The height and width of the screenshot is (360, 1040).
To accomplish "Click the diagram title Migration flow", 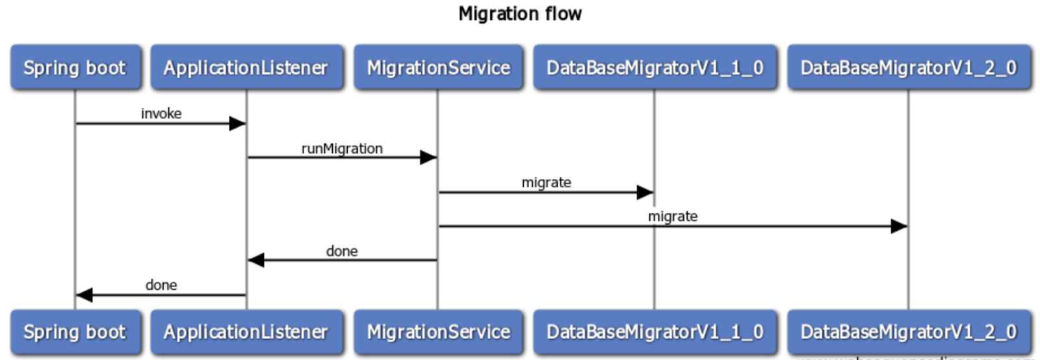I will pyautogui.click(x=520, y=14).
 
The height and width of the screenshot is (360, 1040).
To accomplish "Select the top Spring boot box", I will pyautogui.click(x=75, y=67).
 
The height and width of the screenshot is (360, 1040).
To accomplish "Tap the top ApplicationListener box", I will pyautogui.click(x=246, y=67).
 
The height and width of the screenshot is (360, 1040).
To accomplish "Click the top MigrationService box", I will pyautogui.click(x=438, y=67).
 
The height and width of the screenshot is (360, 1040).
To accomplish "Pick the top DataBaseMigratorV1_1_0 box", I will pyautogui.click(x=655, y=67).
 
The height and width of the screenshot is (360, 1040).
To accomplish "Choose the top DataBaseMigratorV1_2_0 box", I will pyautogui.click(x=908, y=67).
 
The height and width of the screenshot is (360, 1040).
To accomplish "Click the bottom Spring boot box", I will pyautogui.click(x=75, y=332).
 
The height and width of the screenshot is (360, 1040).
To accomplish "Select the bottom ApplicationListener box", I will pyautogui.click(x=246, y=332).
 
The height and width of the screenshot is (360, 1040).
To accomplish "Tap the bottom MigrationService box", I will pyautogui.click(x=438, y=332).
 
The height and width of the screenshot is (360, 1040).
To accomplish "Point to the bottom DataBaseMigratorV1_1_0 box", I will pyautogui.click(x=655, y=332).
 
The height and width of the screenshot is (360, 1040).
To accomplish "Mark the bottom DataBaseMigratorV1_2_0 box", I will pyautogui.click(x=908, y=332).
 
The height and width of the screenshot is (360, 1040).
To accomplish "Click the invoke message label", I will pyautogui.click(x=161, y=114).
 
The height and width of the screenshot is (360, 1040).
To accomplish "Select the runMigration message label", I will pyautogui.click(x=342, y=149).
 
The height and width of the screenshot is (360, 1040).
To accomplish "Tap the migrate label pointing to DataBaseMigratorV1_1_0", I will pyautogui.click(x=546, y=183).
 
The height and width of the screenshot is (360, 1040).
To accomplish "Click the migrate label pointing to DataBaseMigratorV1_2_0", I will pyautogui.click(x=673, y=216).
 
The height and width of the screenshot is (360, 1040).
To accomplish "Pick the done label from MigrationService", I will pyautogui.click(x=342, y=251).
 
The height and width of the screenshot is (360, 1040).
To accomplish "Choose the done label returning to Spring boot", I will pyautogui.click(x=161, y=285).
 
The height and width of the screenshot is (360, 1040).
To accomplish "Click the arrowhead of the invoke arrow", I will pyautogui.click(x=237, y=123).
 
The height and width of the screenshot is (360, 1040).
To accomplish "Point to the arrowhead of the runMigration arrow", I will pyautogui.click(x=428, y=157).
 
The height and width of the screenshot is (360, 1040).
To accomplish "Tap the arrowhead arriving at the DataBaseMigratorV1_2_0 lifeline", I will pyautogui.click(x=899, y=226).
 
